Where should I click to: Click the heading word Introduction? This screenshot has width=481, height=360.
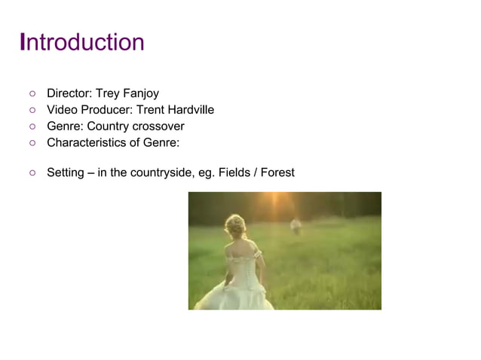point(81,42)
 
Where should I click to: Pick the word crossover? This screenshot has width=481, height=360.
point(157,126)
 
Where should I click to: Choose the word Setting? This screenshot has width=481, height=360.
point(65,173)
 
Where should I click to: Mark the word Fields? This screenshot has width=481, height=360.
point(236,173)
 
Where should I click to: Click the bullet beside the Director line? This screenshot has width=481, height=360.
point(32,95)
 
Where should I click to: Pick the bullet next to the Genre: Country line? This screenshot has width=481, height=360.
point(32,127)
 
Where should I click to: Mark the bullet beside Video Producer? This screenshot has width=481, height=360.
point(32,111)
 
